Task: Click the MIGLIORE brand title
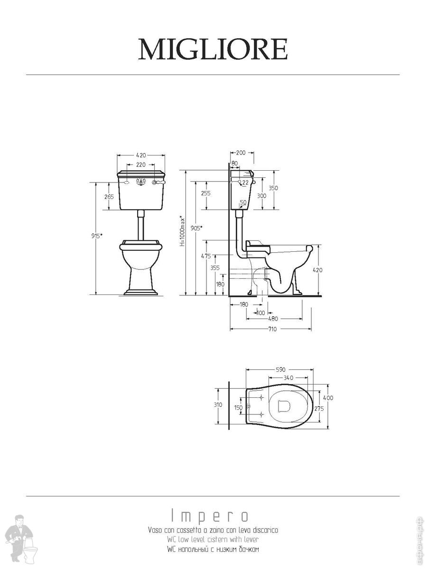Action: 213,49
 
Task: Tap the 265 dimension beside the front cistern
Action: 109,197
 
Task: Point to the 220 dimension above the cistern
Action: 141,165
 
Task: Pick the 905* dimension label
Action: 196,228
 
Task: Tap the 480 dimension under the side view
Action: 273,319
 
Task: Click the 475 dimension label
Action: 206,256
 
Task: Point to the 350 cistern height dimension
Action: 273,188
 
